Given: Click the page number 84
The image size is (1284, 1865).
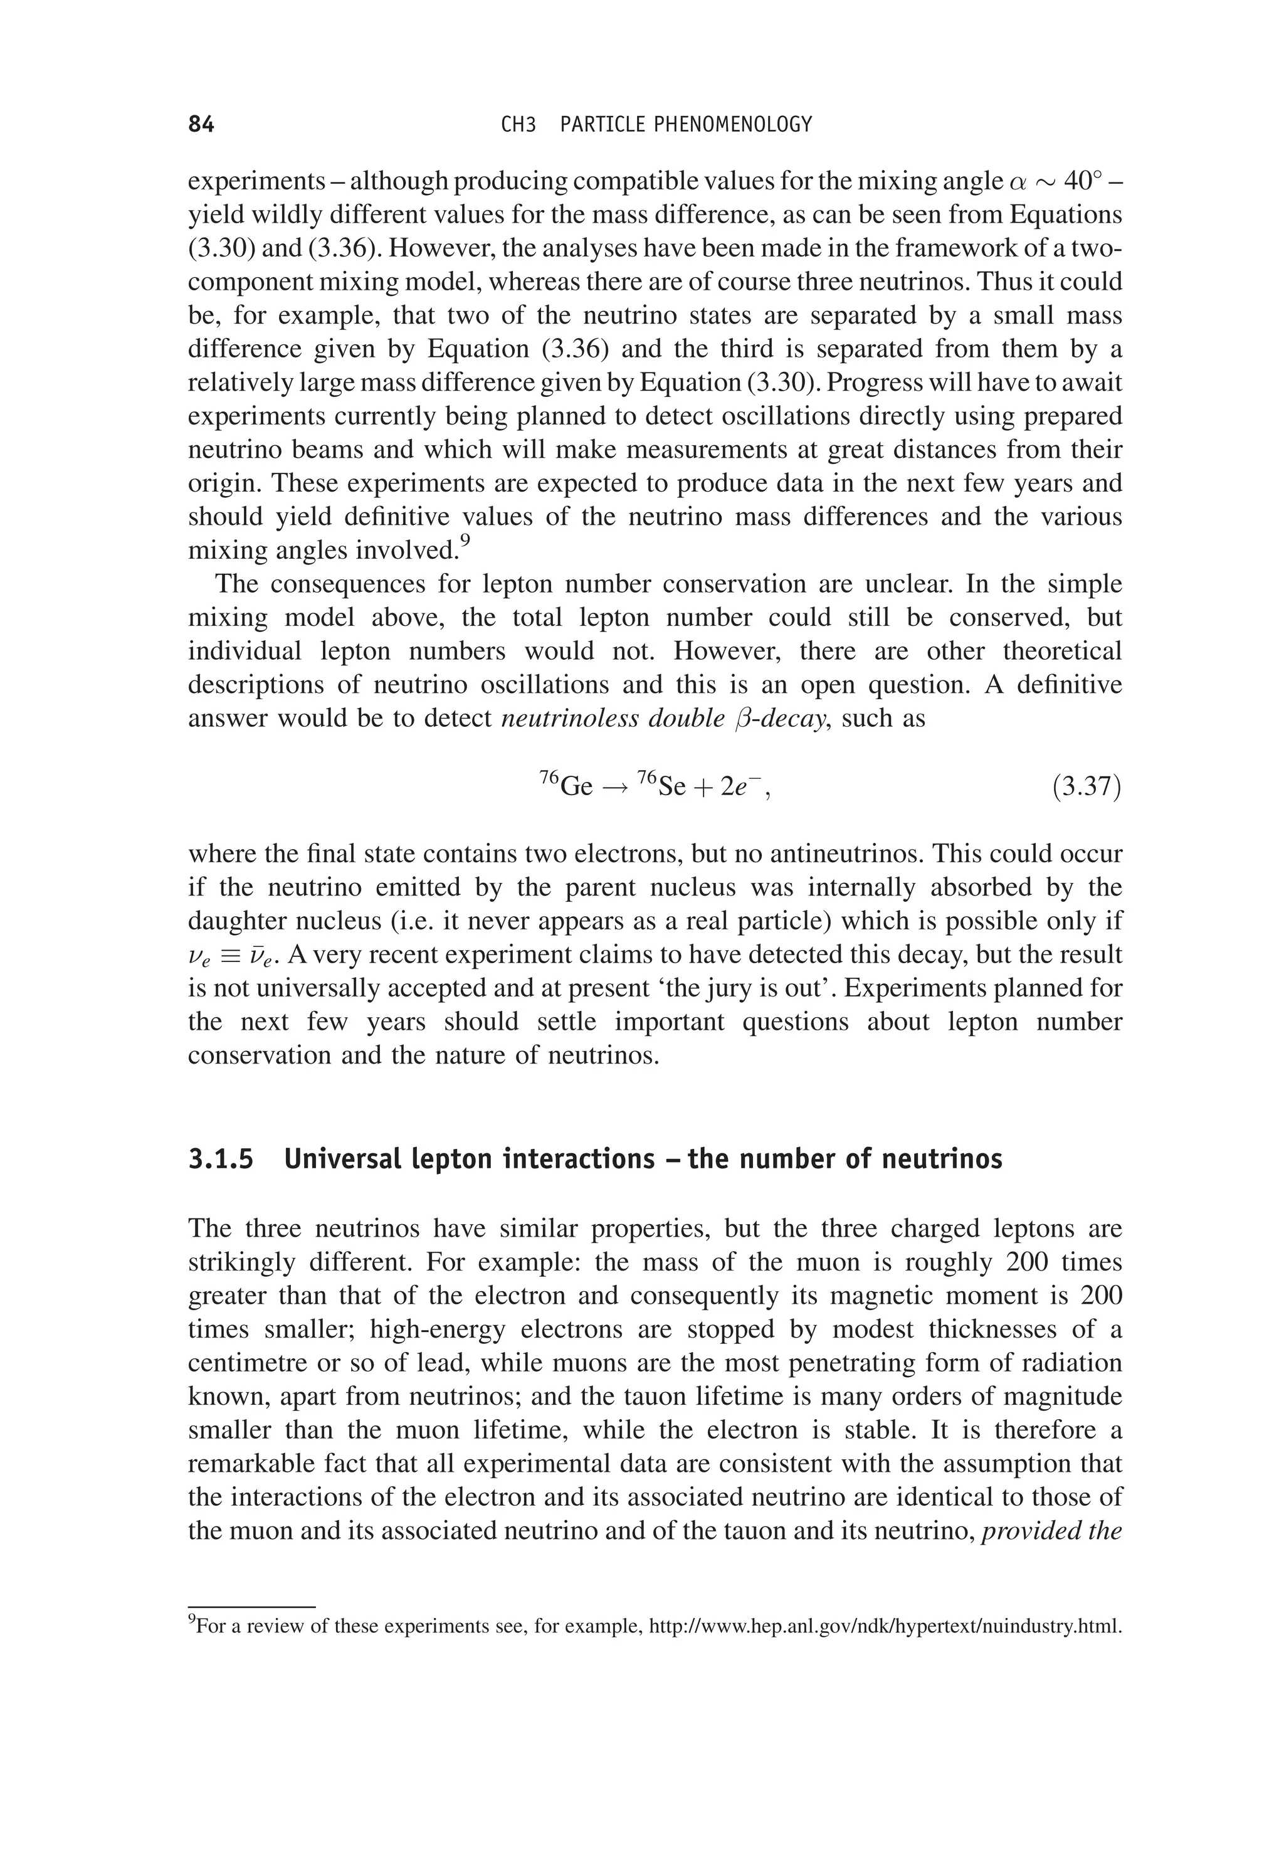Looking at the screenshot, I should point(201,125).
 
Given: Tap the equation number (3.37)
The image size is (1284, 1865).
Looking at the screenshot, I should point(1086,786).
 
